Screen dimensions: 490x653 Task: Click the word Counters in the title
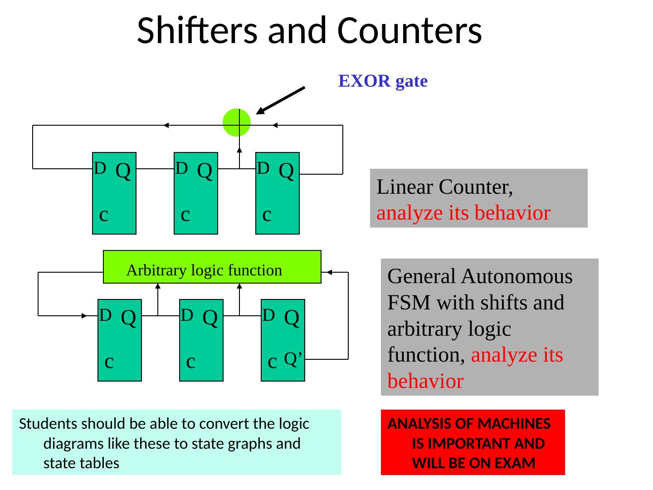pyautogui.click(x=409, y=31)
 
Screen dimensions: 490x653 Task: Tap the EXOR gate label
pyautogui.click(x=383, y=81)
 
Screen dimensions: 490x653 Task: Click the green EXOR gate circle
pyautogui.click(x=237, y=122)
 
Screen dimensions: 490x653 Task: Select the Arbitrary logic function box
pyautogui.click(x=212, y=267)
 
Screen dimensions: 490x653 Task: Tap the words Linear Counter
pyautogui.click(x=444, y=187)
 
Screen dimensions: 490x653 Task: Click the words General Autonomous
pyautogui.click(x=480, y=276)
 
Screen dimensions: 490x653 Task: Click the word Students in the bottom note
pyautogui.click(x=47, y=424)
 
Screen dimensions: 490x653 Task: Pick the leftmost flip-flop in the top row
pyautogui.click(x=114, y=193)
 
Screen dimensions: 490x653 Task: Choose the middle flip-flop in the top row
pyautogui.click(x=196, y=193)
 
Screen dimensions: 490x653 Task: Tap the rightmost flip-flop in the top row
pyautogui.click(x=278, y=193)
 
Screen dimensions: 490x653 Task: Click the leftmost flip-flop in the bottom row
pyautogui.click(x=120, y=340)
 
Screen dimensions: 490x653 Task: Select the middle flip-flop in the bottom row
pyautogui.click(x=201, y=340)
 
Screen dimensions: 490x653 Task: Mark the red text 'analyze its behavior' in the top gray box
pyautogui.click(x=463, y=213)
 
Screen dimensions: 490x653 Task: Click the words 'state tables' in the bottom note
pyautogui.click(x=81, y=463)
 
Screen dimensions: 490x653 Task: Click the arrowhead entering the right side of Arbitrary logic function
pyautogui.click(x=330, y=272)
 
